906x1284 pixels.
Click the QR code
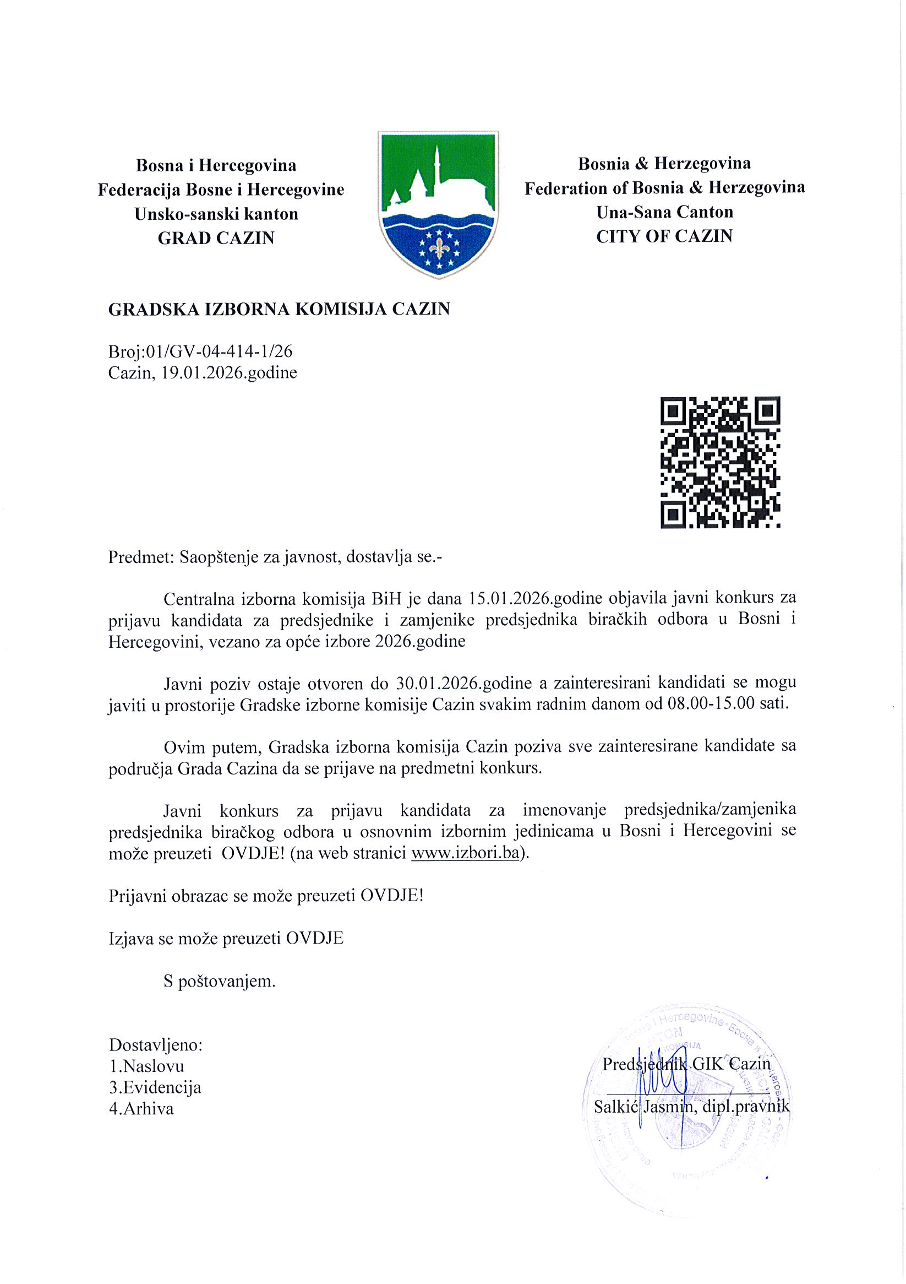(720, 462)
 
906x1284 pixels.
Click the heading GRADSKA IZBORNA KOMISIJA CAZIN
(279, 309)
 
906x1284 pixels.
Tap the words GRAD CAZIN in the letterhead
(216, 238)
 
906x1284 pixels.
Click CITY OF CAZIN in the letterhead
(664, 236)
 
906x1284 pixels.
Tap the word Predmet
(140, 557)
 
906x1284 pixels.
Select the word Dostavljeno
(156, 1044)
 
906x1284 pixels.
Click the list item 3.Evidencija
(155, 1087)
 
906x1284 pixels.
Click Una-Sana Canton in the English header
(664, 212)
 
